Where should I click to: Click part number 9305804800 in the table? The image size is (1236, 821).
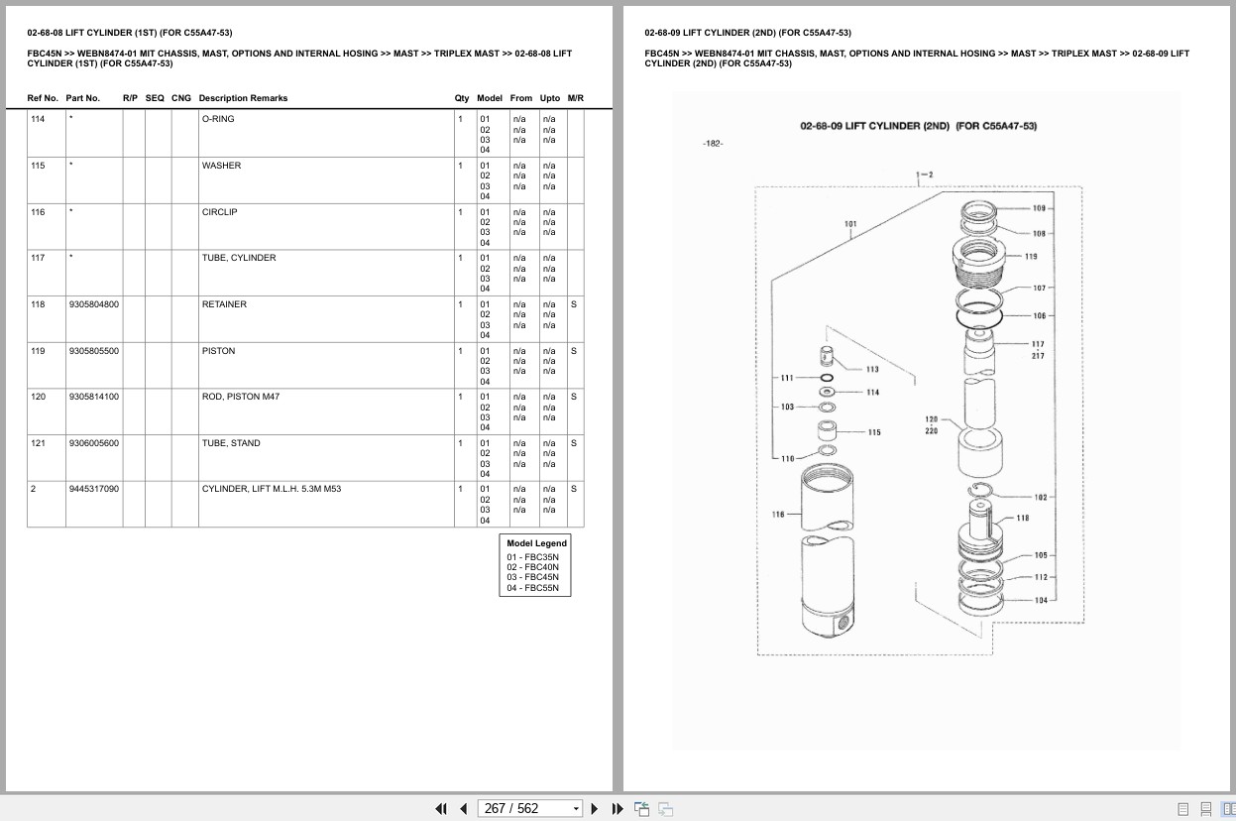94,304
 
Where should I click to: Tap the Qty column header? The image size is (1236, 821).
462,98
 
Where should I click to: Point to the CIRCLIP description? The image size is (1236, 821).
220,212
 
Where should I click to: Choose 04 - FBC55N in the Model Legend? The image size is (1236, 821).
533,587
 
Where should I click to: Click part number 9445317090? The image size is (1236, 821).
94,489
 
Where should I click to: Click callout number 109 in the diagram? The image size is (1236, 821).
1039,208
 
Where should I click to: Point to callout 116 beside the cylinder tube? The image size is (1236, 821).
778,514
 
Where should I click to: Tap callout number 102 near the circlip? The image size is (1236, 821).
1041,497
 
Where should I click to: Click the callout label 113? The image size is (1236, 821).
872,369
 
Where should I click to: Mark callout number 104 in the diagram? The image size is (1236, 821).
1041,600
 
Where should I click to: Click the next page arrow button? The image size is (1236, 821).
595,809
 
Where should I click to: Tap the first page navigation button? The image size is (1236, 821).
441,809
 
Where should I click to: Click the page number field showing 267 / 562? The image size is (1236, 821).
529,809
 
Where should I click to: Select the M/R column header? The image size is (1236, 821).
576,98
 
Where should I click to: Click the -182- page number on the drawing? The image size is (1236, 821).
713,144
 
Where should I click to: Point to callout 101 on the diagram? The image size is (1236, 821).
850,224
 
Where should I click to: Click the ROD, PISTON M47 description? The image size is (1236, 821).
241,397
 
